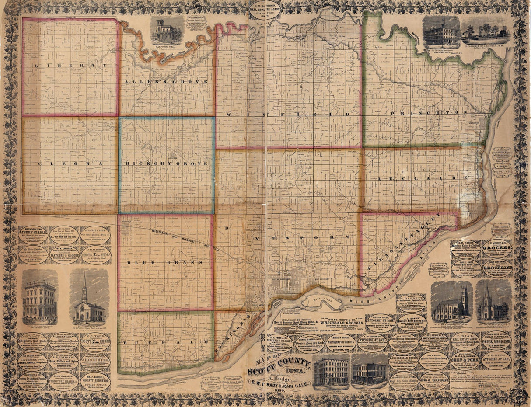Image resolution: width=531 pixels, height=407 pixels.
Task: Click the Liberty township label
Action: coord(70,66)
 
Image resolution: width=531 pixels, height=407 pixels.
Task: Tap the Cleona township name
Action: coord(70,163)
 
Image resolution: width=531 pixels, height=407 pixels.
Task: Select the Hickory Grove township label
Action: coord(166,163)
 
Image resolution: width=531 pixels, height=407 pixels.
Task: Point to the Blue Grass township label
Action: coord(165,263)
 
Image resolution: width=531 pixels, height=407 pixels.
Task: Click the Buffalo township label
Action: coord(165,343)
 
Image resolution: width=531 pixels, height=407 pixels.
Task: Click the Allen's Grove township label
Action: coord(166,82)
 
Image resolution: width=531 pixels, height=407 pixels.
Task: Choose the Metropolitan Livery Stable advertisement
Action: coord(33,235)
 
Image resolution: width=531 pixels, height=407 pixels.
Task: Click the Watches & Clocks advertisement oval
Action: coord(64,254)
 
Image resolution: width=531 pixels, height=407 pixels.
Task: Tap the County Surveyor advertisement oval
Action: coord(95,381)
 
